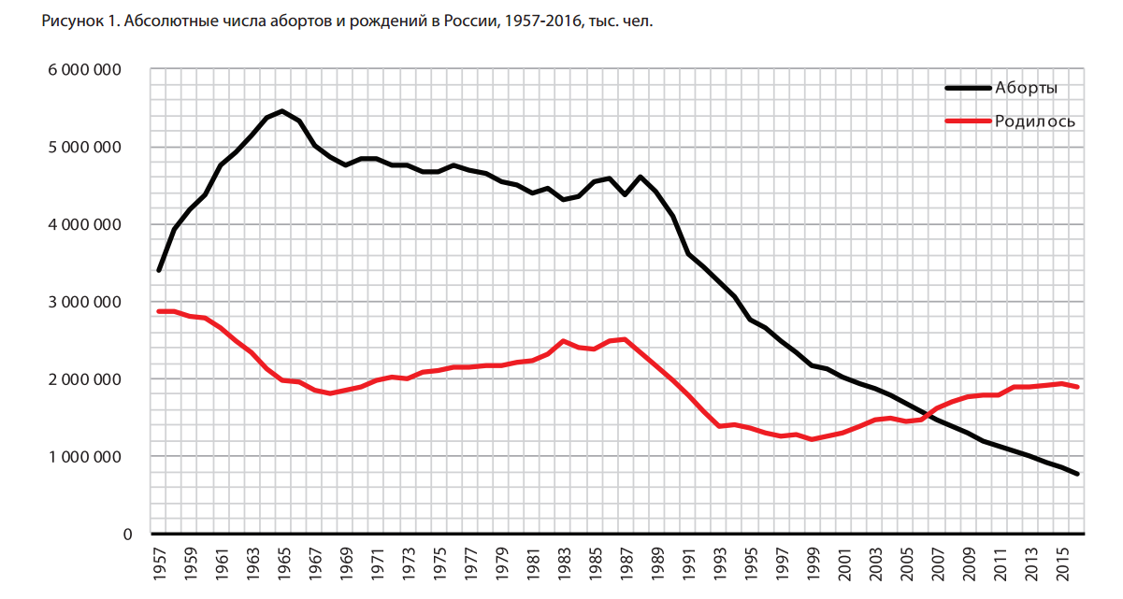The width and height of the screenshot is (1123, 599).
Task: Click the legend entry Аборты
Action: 1026,88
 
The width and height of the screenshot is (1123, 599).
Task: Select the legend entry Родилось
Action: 1034,121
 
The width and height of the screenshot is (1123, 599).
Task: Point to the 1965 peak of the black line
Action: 282,111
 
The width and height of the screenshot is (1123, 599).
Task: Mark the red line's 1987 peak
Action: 625,339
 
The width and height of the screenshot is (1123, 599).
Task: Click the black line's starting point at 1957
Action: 159,271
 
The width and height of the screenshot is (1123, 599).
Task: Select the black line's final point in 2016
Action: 1077,475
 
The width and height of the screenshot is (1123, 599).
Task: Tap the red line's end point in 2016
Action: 1077,387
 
